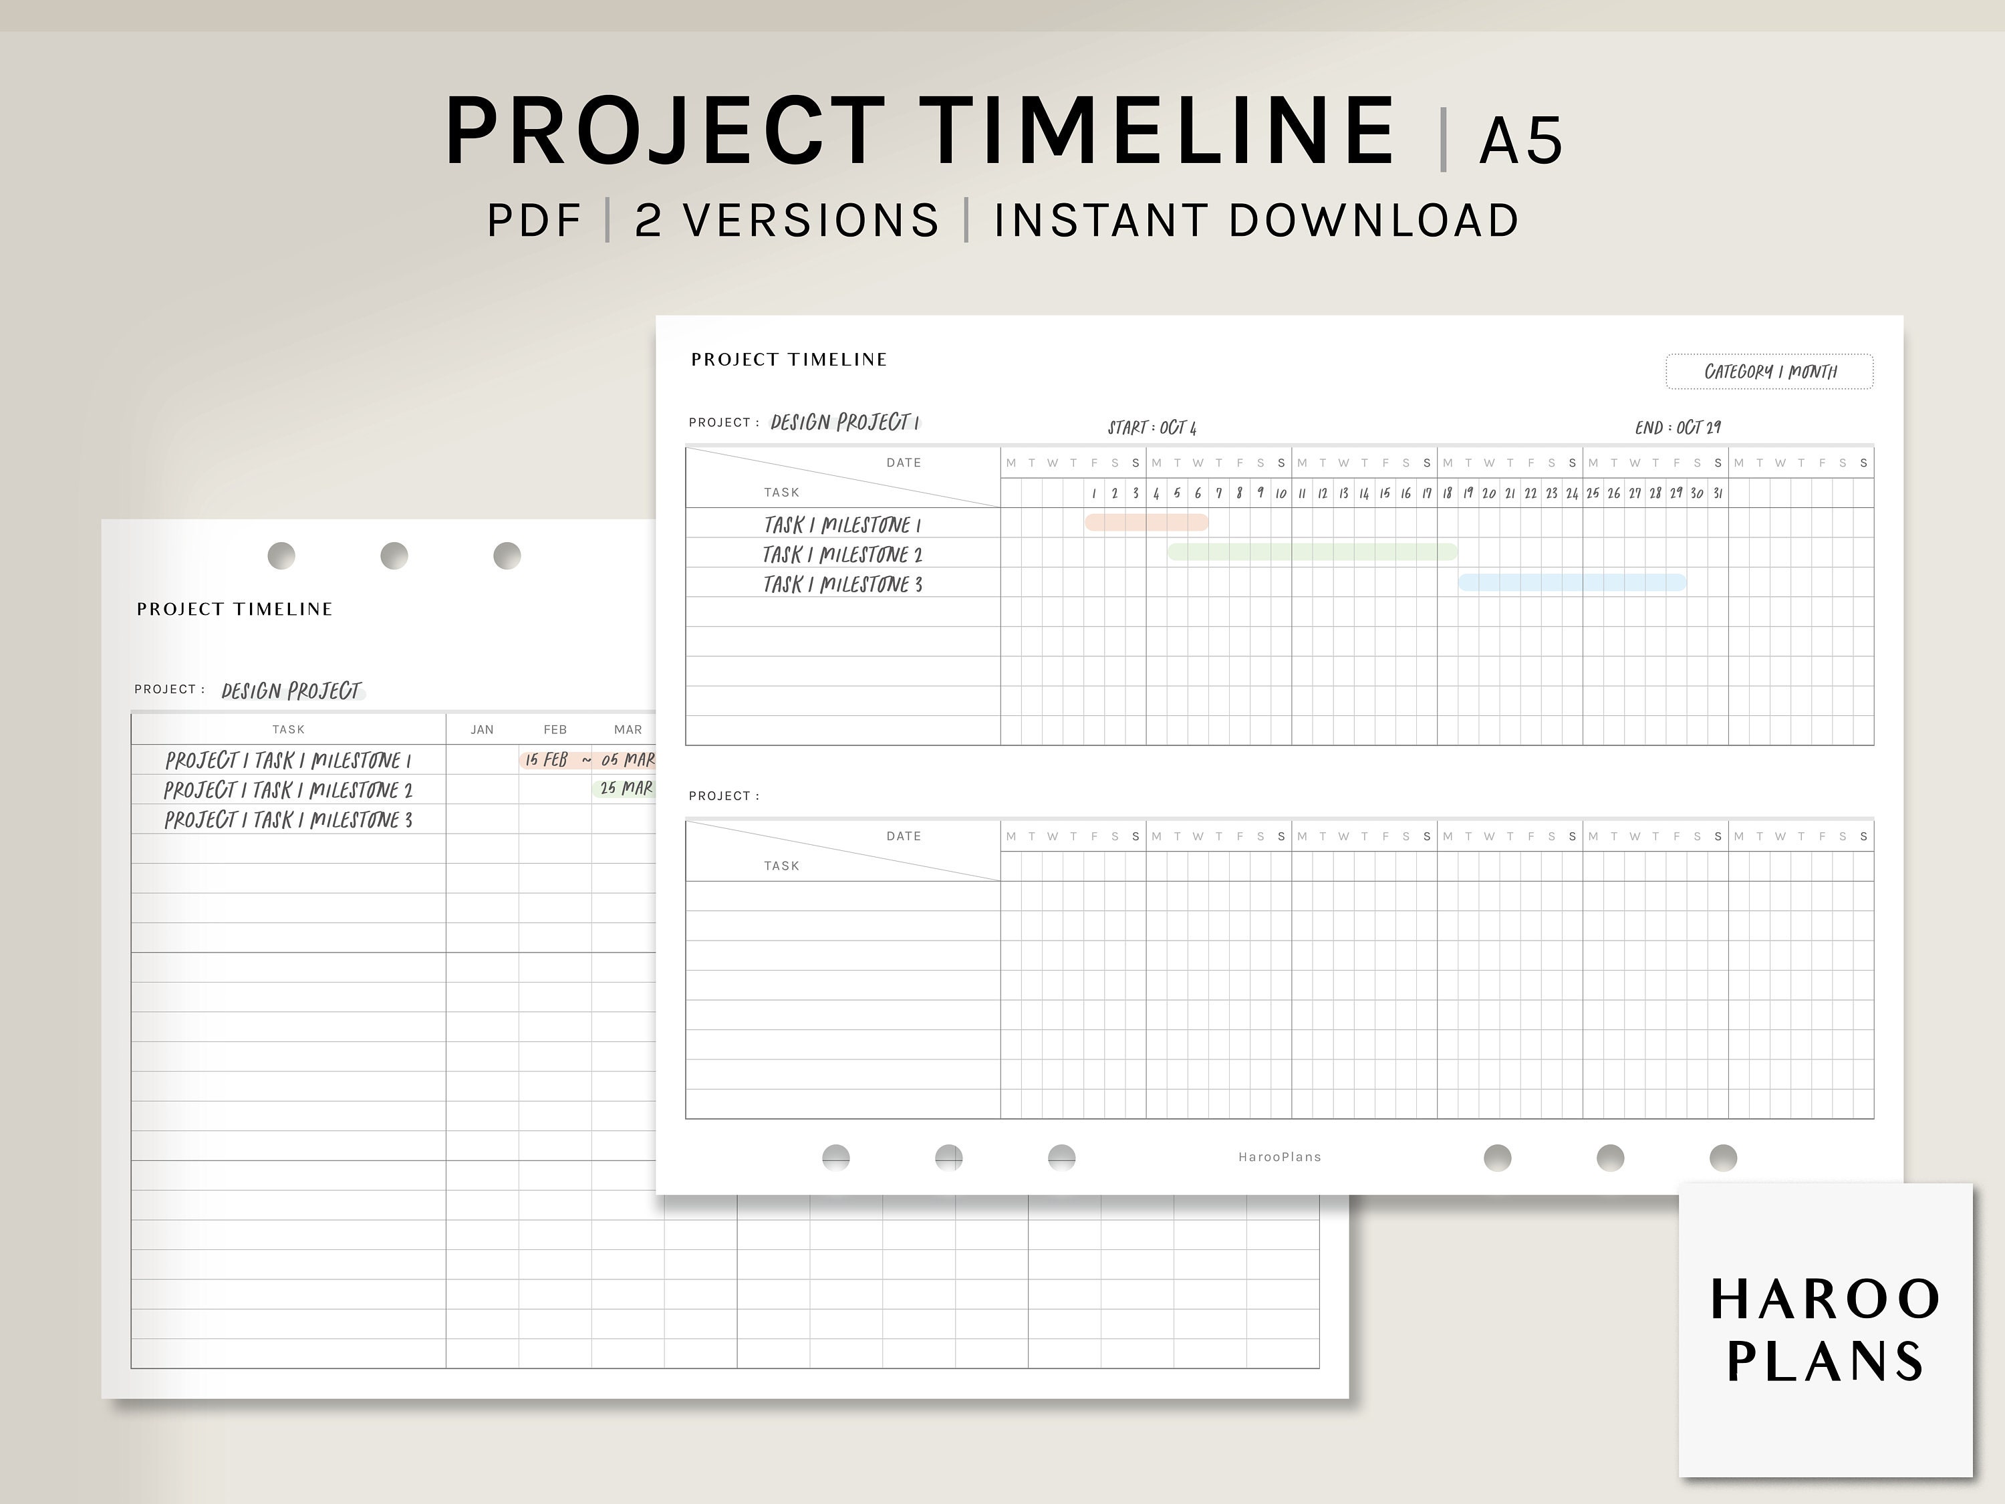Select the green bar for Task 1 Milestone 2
tap(1311, 552)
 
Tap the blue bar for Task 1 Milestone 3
tap(1572, 582)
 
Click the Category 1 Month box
tap(1769, 372)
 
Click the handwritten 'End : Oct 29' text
tap(1677, 428)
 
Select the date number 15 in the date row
tap(1384, 493)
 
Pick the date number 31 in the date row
tap(1717, 493)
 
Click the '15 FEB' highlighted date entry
tap(547, 760)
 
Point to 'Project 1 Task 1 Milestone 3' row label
tap(288, 820)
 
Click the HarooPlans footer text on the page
tap(1279, 1157)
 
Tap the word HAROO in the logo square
tap(1825, 1299)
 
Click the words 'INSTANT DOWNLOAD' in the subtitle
tap(1256, 221)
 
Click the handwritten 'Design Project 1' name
tap(845, 422)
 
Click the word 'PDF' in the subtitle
tap(534, 221)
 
